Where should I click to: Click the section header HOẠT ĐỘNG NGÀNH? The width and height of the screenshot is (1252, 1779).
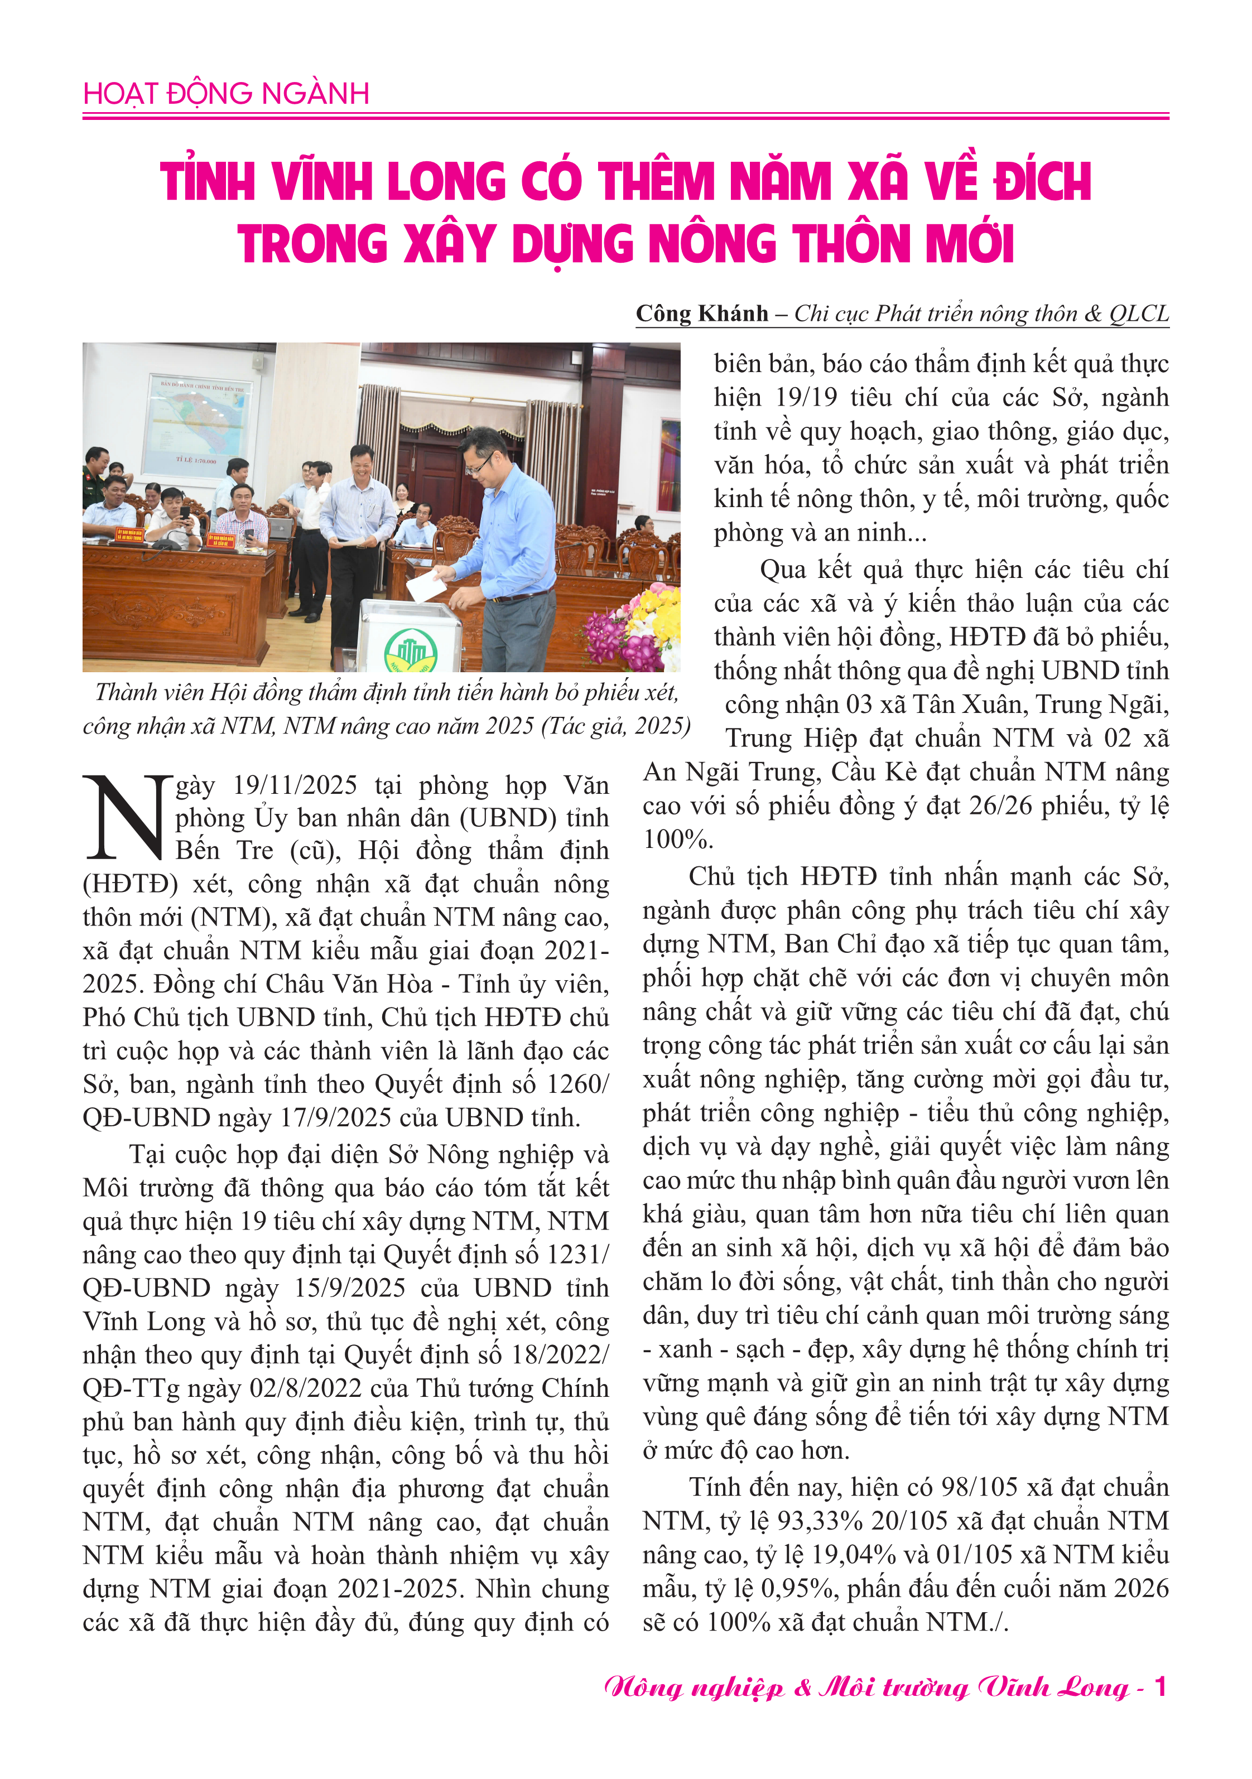(x=225, y=94)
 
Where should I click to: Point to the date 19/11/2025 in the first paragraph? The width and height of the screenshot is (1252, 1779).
(x=295, y=785)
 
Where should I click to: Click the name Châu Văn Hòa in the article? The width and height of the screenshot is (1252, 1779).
(x=349, y=984)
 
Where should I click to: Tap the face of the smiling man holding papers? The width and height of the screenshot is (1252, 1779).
(x=361, y=464)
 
